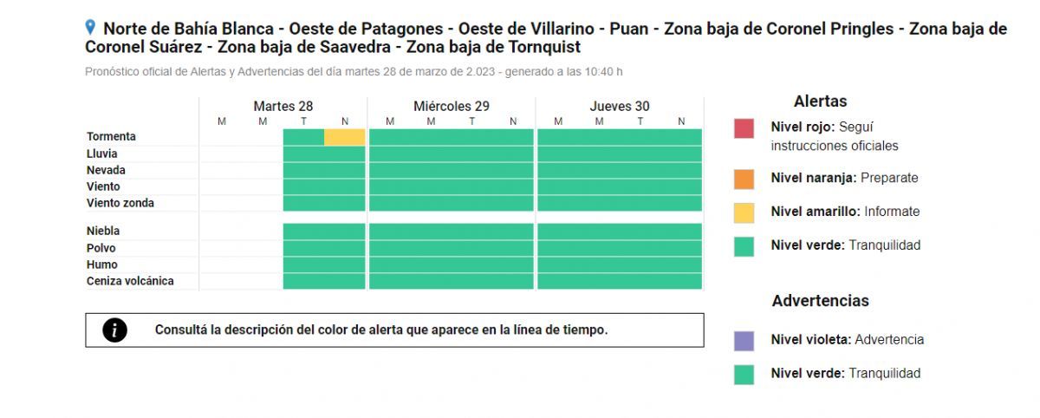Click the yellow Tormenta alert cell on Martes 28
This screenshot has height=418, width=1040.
(344, 137)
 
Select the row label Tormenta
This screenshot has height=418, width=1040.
(111, 137)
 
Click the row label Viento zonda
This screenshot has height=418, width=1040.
(120, 203)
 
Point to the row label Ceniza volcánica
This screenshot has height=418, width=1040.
(130, 281)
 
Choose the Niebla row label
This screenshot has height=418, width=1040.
(103, 232)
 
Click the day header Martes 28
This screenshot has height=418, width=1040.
(283, 107)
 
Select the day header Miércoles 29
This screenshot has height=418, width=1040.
(451, 107)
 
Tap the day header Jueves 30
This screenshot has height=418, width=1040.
(620, 107)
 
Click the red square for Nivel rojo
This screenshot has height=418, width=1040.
(744, 128)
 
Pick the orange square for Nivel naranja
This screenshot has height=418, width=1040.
(744, 179)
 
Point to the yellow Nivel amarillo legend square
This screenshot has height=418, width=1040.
(744, 212)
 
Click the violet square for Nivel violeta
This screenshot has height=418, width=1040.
(744, 341)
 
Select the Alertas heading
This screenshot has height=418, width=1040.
(820, 101)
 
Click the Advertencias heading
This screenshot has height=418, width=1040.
(820, 301)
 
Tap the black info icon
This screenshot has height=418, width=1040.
(114, 330)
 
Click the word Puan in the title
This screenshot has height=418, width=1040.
(627, 29)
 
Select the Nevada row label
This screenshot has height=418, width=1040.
(106, 170)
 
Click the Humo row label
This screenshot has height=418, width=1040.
(101, 265)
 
